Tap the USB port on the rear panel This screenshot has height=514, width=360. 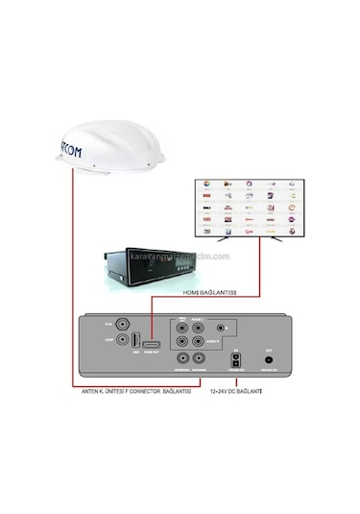coord(134,341)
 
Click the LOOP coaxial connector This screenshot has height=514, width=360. coord(119,341)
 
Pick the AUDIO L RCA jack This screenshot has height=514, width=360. coord(199,328)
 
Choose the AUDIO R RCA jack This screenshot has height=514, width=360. coord(199,341)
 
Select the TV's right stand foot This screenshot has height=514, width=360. coord(278,240)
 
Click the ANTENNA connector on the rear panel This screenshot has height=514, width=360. coord(199,358)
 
